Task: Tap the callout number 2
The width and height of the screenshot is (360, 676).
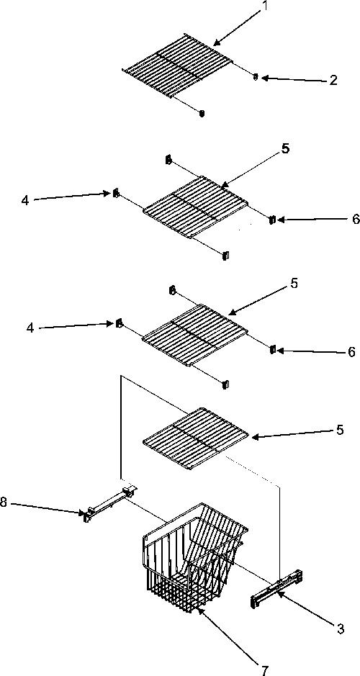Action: (x=333, y=80)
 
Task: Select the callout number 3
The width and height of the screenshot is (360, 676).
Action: (x=340, y=628)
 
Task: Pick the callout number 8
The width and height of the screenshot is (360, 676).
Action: (x=4, y=503)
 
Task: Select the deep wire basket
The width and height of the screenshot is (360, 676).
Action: (x=195, y=556)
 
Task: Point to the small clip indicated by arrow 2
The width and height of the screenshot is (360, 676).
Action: (x=255, y=77)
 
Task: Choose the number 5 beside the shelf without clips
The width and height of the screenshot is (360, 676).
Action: (x=340, y=430)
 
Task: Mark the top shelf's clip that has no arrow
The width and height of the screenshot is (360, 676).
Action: (x=202, y=113)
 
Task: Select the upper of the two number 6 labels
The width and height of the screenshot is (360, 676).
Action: (x=355, y=219)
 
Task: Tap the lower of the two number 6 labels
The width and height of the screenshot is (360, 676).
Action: (x=352, y=352)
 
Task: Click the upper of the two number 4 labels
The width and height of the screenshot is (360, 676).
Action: (x=25, y=200)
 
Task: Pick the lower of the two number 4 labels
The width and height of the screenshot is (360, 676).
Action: (x=30, y=328)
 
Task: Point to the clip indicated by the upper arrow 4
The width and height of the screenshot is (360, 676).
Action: (x=115, y=193)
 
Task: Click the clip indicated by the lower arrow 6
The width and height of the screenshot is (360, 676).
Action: (x=272, y=349)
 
